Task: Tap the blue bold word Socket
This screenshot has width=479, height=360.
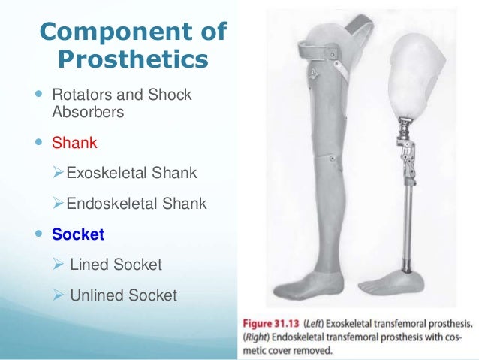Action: [x=78, y=234]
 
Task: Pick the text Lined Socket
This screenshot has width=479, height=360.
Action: [x=116, y=265]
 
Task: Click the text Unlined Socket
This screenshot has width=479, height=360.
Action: [x=123, y=295]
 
